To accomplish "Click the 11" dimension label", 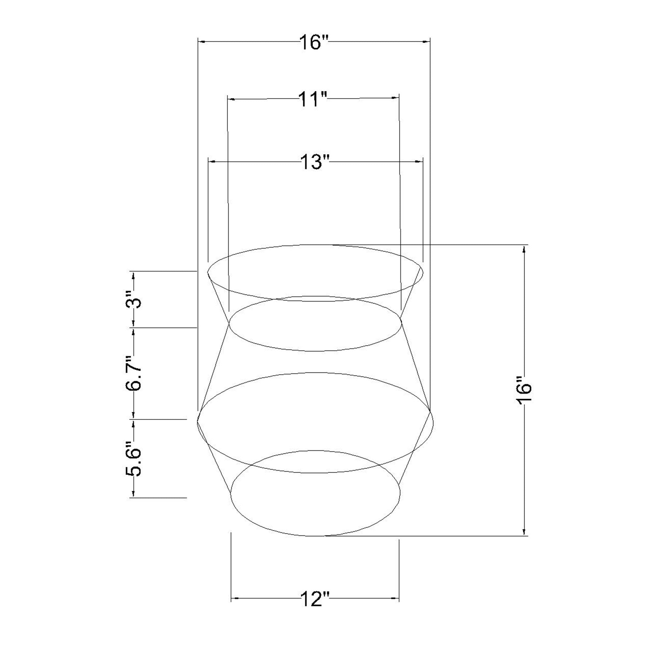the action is (x=313, y=99).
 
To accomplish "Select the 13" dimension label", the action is (x=315, y=162).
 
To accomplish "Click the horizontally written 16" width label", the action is (x=314, y=42).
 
